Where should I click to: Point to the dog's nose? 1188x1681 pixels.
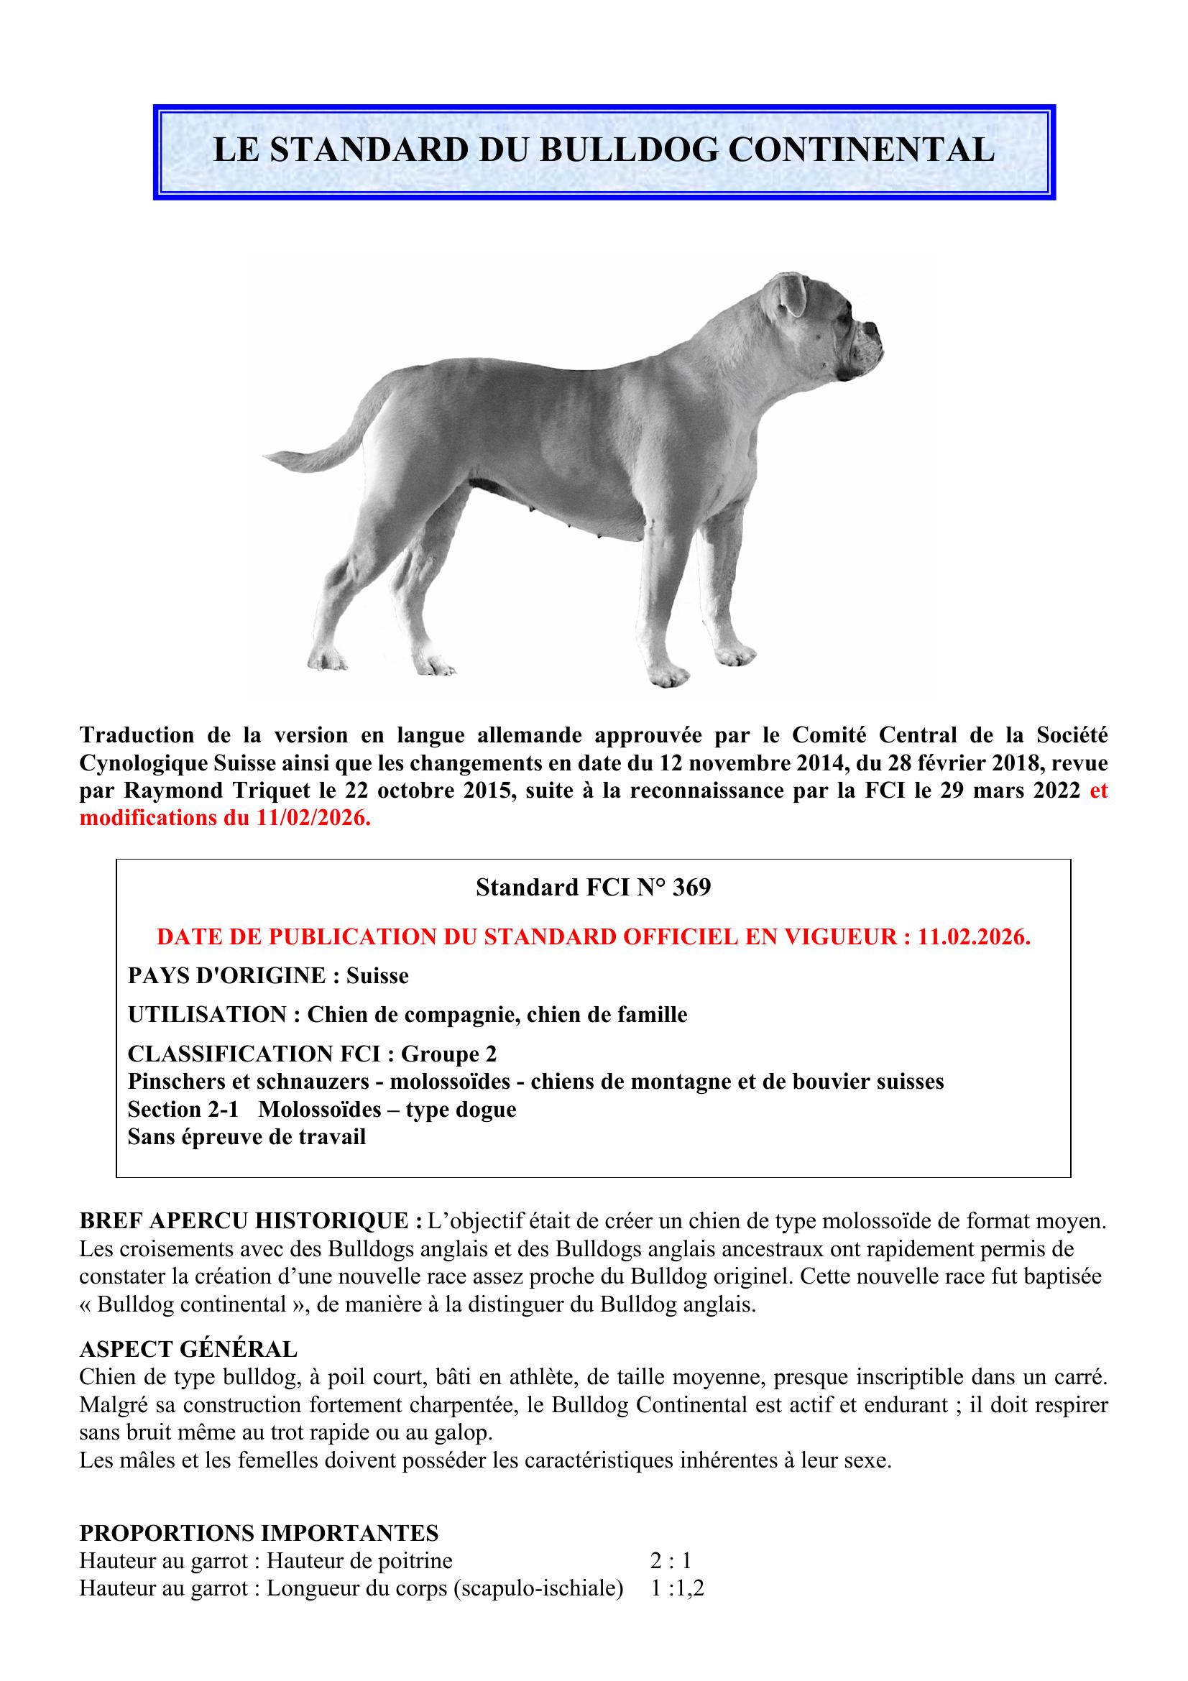click(x=875, y=328)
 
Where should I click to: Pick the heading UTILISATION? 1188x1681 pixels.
click(x=206, y=1015)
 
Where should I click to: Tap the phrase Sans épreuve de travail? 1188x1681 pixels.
click(x=246, y=1137)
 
